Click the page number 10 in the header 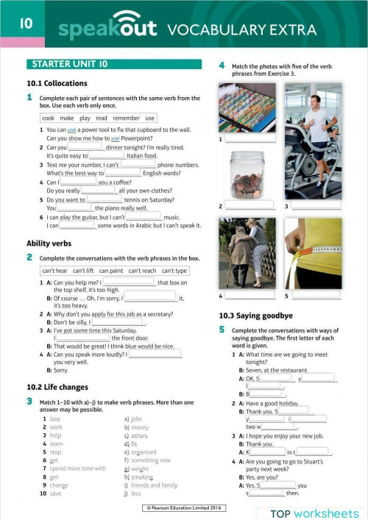[x=24, y=24]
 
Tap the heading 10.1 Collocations [x=57, y=83]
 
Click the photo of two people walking [x=247, y=254]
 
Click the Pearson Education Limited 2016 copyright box [x=183, y=508]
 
